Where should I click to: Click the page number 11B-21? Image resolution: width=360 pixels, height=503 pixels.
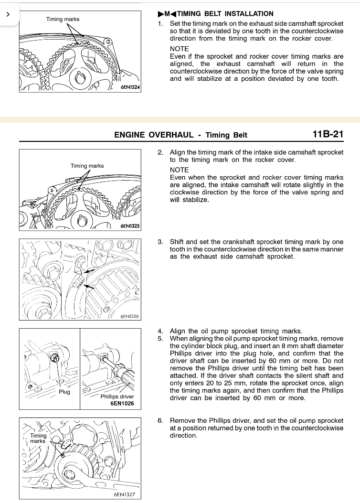click(x=328, y=134)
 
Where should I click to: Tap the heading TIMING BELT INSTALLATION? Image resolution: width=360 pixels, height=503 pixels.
click(x=225, y=14)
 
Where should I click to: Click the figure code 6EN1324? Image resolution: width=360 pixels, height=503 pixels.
click(x=130, y=87)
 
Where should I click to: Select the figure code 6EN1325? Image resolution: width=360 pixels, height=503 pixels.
click(x=130, y=226)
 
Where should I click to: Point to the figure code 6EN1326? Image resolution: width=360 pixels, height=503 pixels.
click(x=129, y=316)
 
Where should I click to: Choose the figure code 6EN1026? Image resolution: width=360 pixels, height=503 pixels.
click(x=122, y=403)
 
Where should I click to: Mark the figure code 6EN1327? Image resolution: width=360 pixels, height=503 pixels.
click(x=125, y=494)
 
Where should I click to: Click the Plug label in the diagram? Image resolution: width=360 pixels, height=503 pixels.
click(x=64, y=392)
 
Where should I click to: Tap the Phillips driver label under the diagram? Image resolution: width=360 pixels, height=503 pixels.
click(x=117, y=396)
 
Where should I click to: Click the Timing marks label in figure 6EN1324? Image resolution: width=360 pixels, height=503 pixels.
click(x=63, y=19)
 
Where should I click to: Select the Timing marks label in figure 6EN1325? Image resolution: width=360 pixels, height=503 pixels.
click(x=87, y=166)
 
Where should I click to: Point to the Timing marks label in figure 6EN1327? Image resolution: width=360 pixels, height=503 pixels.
click(x=38, y=438)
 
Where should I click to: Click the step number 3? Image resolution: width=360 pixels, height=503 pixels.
click(x=160, y=242)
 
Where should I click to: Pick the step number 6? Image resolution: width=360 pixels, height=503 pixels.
click(x=160, y=420)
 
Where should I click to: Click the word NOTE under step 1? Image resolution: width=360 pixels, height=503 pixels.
click(x=179, y=49)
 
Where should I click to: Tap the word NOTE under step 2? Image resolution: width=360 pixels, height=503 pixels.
click(x=179, y=170)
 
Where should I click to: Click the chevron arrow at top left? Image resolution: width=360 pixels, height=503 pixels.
click(x=8, y=14)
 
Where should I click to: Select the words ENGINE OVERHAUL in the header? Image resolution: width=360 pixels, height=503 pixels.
click(x=154, y=135)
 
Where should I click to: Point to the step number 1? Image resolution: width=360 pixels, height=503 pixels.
click(x=160, y=24)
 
